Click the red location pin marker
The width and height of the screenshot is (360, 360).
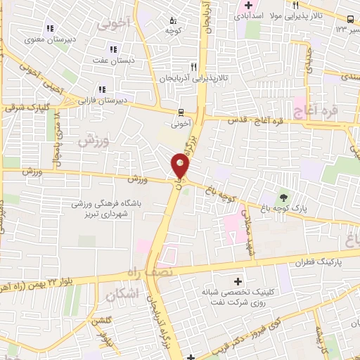tap(181, 166)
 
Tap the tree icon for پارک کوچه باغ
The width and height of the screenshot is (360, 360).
tap(283, 198)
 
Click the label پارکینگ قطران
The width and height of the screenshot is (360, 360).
tap(319, 261)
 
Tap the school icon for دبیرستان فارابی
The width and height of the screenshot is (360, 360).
tap(102, 89)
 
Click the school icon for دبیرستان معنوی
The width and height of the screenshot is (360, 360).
tap(50, 29)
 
